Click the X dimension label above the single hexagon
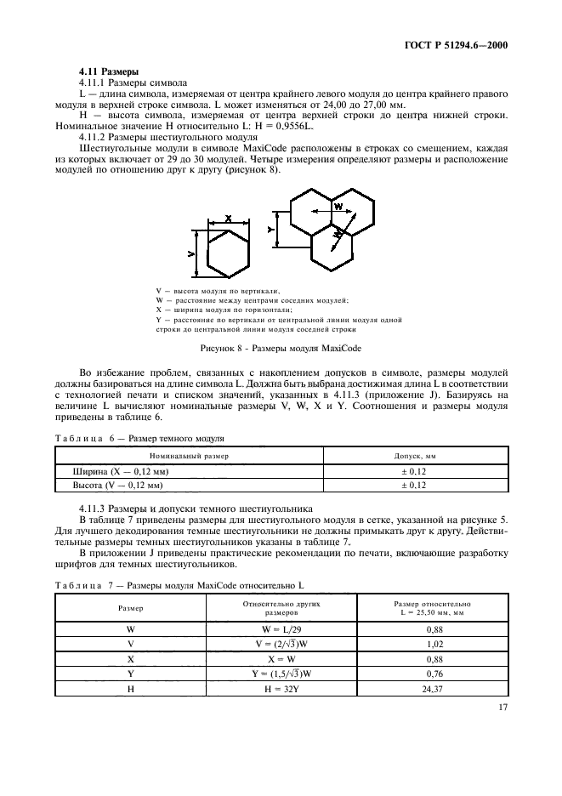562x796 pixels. coord(229,219)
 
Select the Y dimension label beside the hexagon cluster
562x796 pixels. coord(271,230)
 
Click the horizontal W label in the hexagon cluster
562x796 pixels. coord(338,207)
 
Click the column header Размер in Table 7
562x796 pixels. coord(131,609)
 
